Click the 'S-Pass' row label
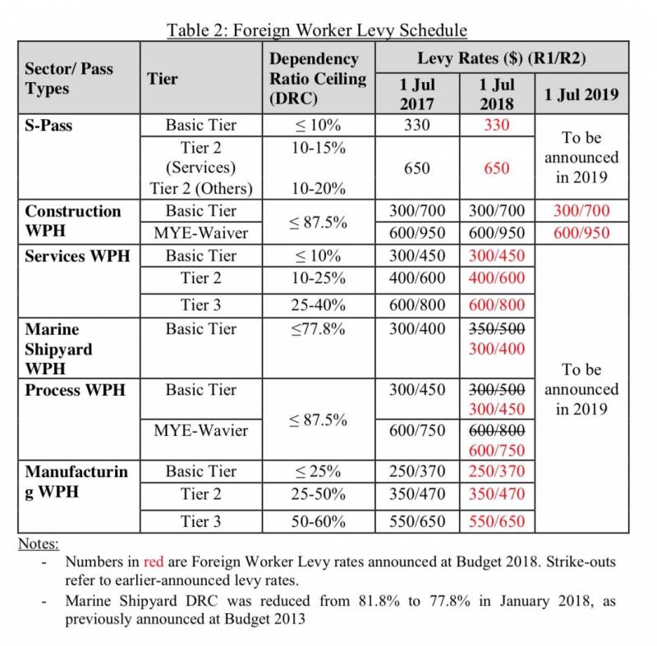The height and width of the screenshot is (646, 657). (x=48, y=126)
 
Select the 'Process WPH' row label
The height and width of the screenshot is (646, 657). (x=76, y=389)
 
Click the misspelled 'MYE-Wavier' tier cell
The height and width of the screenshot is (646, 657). (x=200, y=430)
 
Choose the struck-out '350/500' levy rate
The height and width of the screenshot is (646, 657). (x=496, y=329)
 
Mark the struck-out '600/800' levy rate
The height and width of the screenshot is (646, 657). (x=496, y=430)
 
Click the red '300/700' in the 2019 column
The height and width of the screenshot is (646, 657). (x=581, y=212)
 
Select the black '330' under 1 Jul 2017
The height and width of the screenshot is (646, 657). (x=417, y=126)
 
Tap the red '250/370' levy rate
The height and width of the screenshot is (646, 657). (x=496, y=471)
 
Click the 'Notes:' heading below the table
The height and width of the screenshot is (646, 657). (x=39, y=543)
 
